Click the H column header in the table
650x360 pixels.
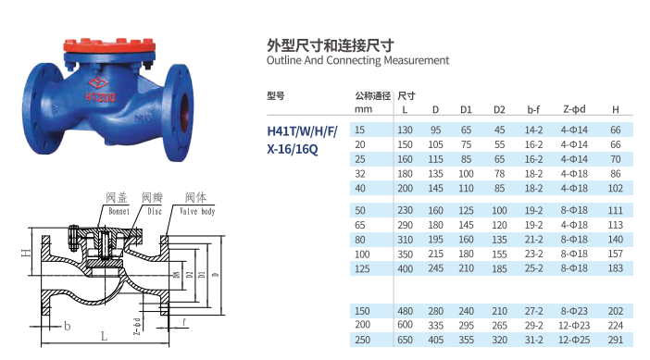click(615, 109)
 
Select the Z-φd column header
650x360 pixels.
click(574, 109)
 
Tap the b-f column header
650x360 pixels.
click(533, 109)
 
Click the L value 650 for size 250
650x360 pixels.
click(405, 340)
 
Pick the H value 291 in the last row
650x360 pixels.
click(615, 340)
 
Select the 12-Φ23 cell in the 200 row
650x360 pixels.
click(574, 325)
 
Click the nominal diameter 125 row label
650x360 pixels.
click(362, 269)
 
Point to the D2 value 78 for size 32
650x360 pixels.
click(499, 174)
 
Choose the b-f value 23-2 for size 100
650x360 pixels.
click(533, 254)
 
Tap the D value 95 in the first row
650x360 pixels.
click(435, 130)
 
